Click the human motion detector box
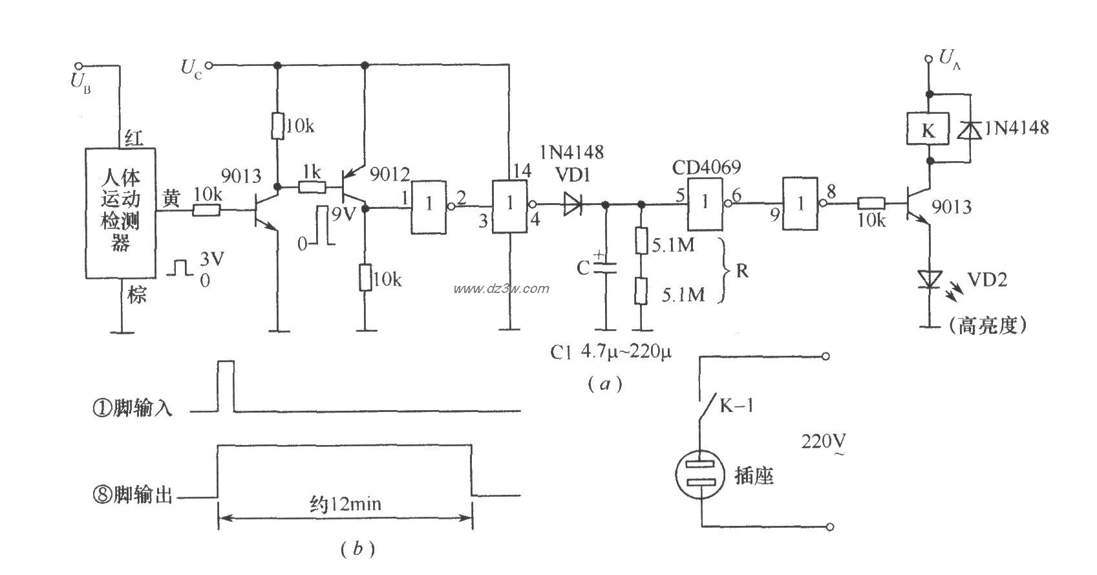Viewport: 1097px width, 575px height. point(121,213)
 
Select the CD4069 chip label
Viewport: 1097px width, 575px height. point(705,168)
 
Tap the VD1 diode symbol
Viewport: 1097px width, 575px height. point(572,204)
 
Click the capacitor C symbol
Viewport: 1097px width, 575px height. point(606,266)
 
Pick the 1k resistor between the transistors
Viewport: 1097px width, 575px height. point(312,188)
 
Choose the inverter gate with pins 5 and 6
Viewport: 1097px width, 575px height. point(706,203)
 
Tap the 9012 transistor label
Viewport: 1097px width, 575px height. point(389,173)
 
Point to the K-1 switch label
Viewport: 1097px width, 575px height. point(736,406)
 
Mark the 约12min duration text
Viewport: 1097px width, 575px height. point(345,503)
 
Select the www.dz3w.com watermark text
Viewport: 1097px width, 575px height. point(501,288)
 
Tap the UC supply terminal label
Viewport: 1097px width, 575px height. point(191,69)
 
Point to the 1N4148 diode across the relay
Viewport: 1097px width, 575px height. point(968,129)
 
